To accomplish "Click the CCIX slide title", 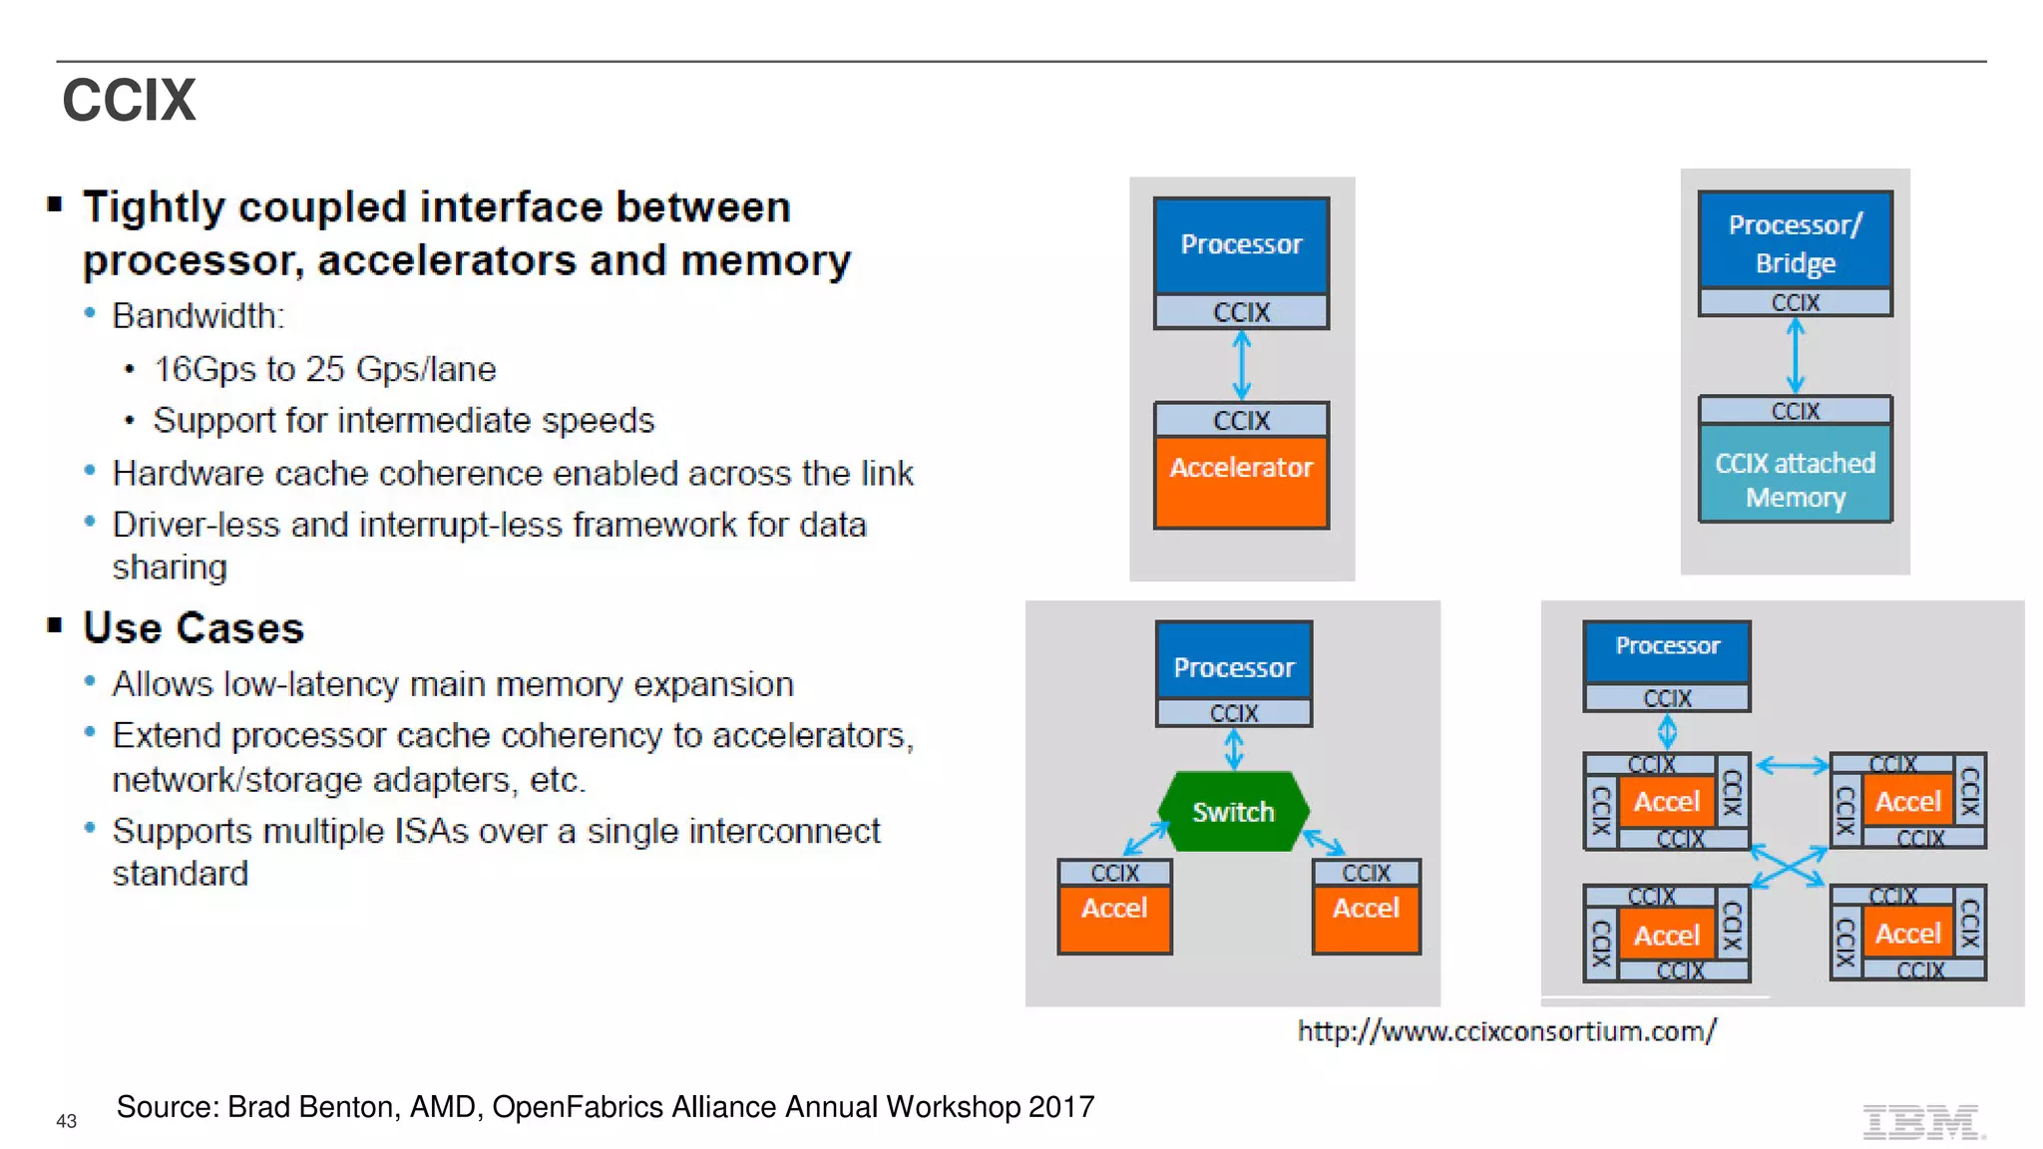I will [129, 101].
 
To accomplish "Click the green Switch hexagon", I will [1233, 812].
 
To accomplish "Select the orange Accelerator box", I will [1241, 482].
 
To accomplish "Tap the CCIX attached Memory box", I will [1795, 480].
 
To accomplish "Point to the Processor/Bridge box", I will [1795, 242].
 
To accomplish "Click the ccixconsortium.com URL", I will [1506, 1031].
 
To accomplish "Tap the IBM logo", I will [1922, 1122].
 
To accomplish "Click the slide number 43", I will [67, 1121].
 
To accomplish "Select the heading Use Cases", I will [194, 628].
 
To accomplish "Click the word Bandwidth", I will [197, 316].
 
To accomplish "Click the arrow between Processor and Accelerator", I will [1242, 366].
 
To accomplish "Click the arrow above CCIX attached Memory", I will [1795, 356].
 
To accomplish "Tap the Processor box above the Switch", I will [1233, 666].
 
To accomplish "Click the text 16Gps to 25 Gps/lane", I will [324, 369].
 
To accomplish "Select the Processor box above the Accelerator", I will [1241, 245].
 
